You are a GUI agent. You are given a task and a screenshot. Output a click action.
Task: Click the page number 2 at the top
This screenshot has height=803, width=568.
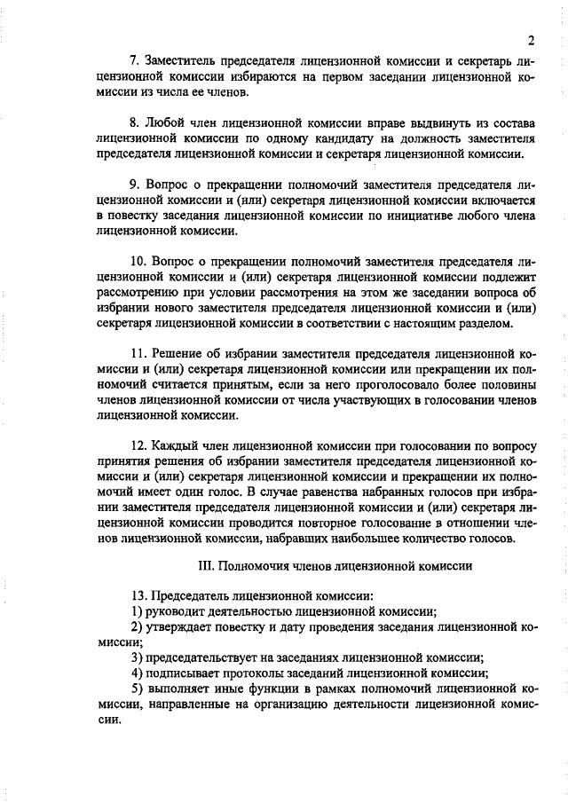click(530, 39)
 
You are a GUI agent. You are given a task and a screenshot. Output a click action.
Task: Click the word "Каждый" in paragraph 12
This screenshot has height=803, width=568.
click(173, 446)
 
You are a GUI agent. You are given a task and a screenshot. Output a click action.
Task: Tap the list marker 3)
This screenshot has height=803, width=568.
click(137, 657)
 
